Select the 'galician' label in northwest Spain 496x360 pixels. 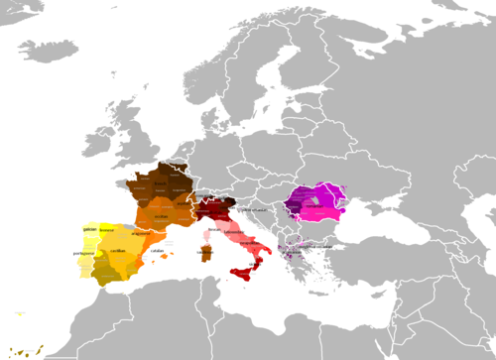pos(89,227)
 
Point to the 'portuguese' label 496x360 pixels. pos(83,253)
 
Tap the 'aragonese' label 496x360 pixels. pos(138,235)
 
